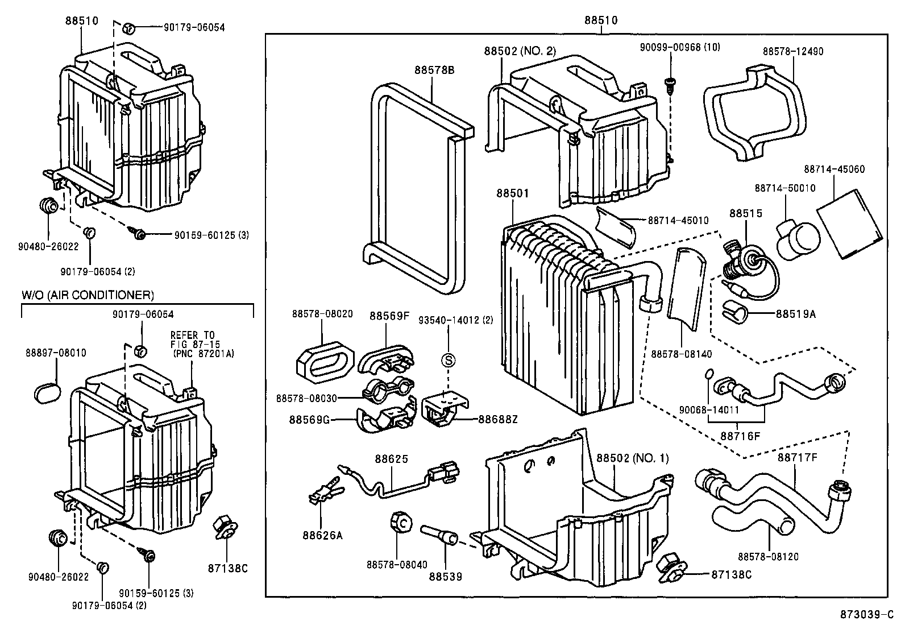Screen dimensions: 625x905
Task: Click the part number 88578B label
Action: point(435,70)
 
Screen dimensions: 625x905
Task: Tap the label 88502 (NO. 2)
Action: point(520,51)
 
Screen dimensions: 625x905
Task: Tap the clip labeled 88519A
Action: point(734,312)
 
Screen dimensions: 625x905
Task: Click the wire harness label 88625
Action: point(391,459)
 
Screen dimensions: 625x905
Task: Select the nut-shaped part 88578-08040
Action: point(402,523)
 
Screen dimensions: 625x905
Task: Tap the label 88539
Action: point(446,576)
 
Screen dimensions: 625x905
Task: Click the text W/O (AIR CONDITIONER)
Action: point(88,295)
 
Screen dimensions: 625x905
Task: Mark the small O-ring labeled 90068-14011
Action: point(708,374)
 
